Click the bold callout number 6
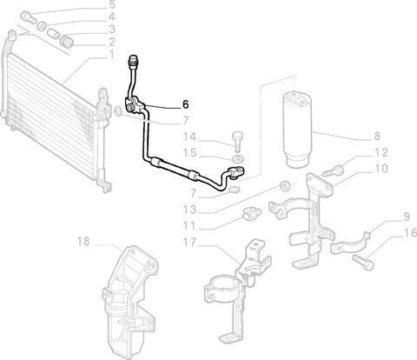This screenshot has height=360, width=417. [186, 104]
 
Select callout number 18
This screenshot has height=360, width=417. [83, 241]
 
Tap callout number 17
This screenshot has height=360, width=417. [189, 242]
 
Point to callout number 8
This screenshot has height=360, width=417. [377, 136]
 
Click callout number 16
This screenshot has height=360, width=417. [410, 233]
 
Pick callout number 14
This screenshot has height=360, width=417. [189, 137]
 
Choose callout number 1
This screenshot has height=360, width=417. [111, 55]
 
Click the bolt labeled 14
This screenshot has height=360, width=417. [237, 141]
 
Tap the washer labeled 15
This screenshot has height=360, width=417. [238, 158]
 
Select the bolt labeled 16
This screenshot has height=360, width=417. [363, 262]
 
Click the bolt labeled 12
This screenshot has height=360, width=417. [333, 170]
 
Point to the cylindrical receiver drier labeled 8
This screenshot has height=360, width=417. [297, 130]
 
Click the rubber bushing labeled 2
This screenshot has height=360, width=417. [67, 41]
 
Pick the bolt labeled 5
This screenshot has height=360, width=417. [29, 17]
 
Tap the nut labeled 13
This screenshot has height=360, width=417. [285, 185]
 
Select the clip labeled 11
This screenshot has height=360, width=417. [251, 213]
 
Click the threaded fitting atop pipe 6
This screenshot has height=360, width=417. [133, 60]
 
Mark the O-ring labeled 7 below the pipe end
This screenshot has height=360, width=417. [234, 190]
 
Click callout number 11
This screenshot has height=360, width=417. [189, 225]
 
